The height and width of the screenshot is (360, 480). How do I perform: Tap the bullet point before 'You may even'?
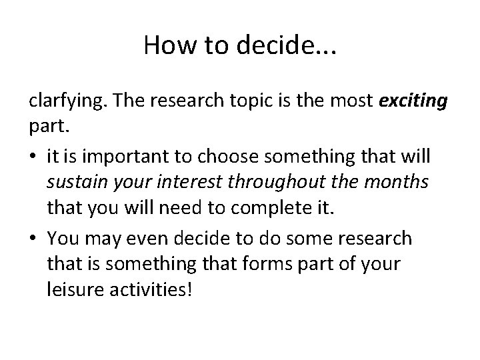pos(33,239)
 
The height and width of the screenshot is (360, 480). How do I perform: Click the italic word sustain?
pos(75,183)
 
